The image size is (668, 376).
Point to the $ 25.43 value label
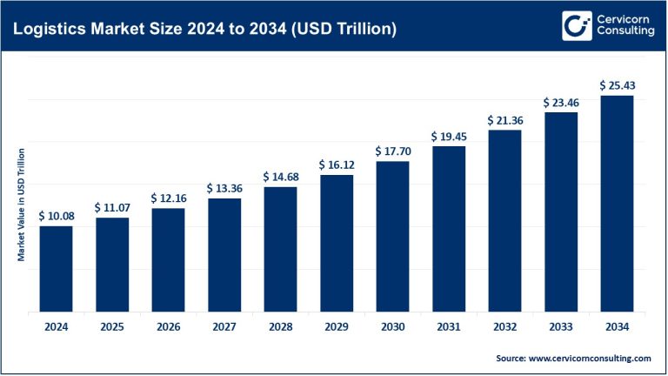coord(617,85)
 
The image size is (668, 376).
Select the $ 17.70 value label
coord(392,151)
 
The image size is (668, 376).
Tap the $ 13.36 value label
coord(224,188)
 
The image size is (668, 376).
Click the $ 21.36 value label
coord(504,119)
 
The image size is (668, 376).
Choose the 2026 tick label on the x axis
coord(168,326)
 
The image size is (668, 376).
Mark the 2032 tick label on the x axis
coord(504,326)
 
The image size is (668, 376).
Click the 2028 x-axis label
coord(280,326)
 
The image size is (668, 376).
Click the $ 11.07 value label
coord(112,207)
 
